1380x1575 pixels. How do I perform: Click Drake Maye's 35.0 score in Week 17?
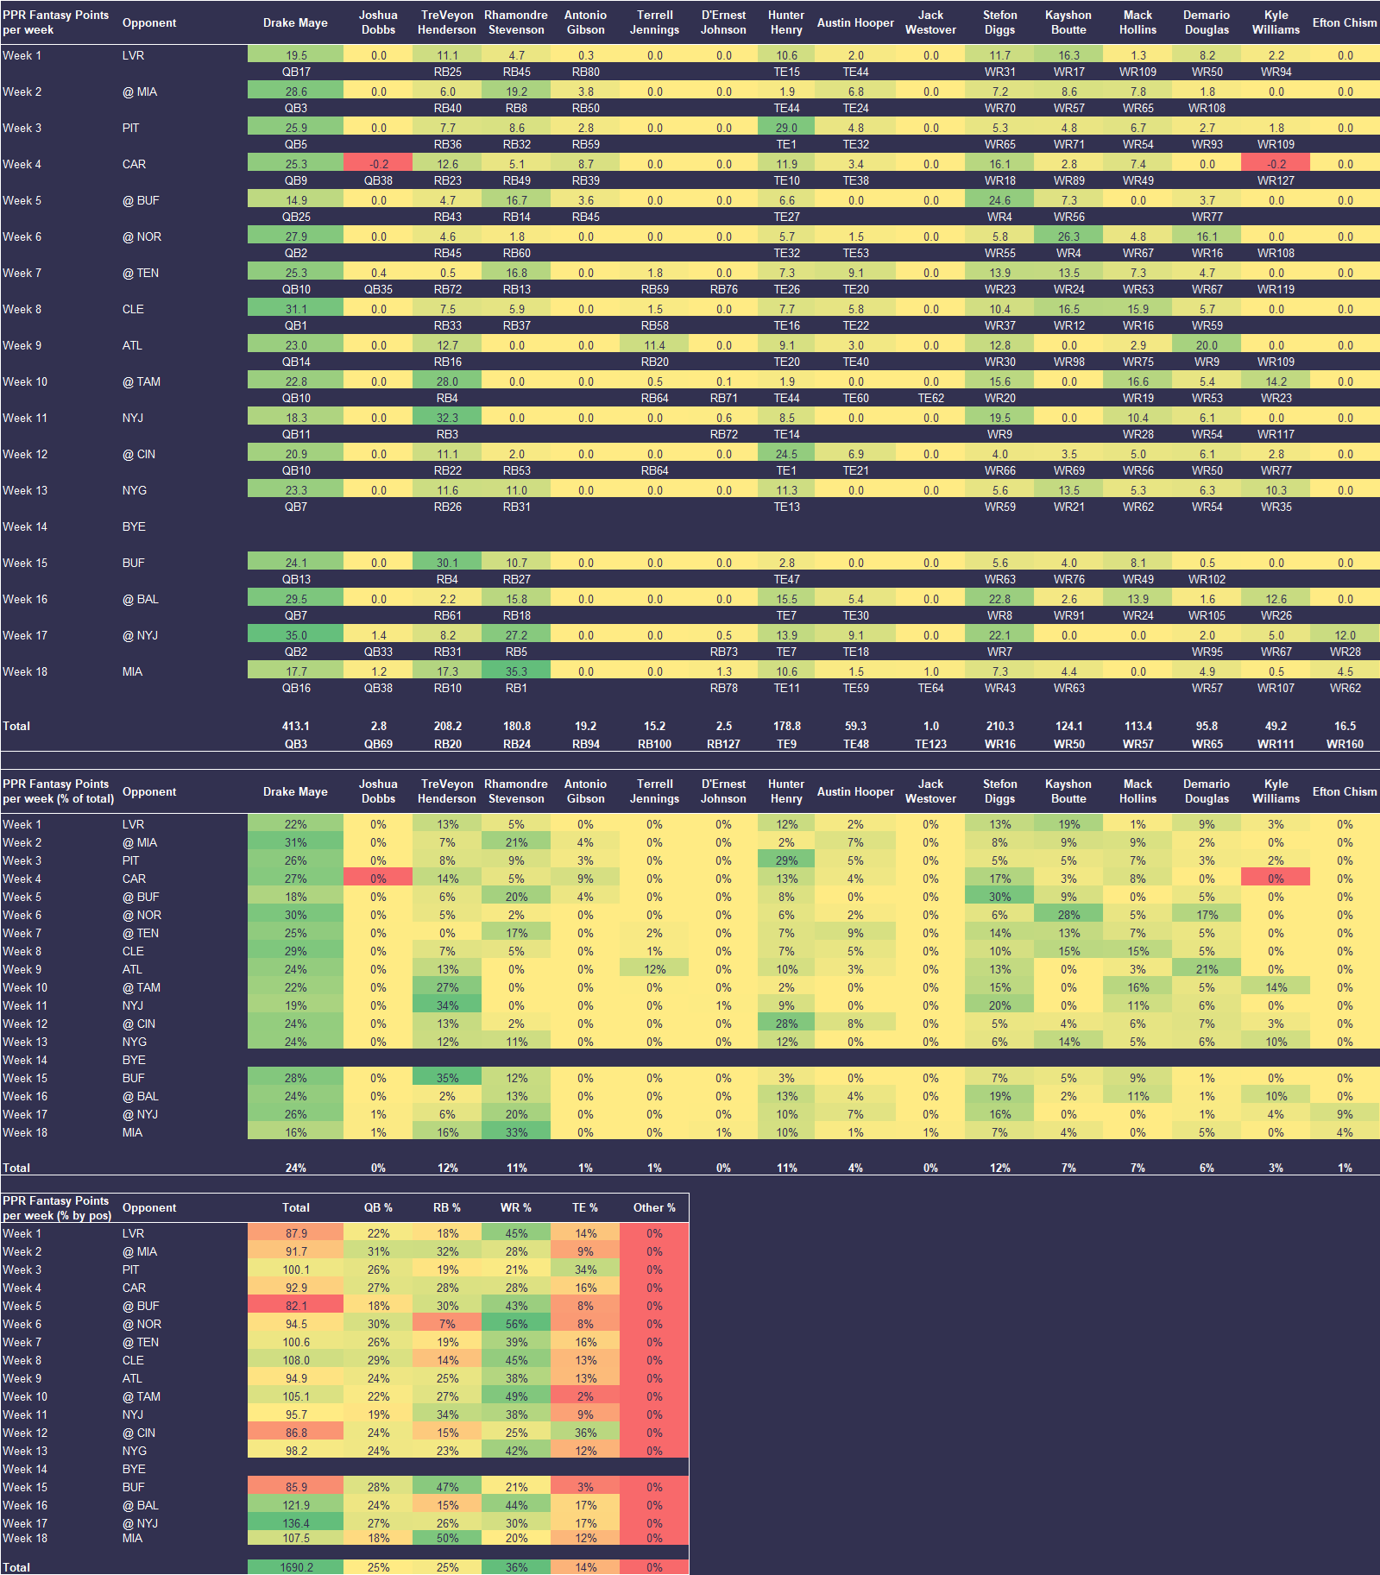(x=296, y=635)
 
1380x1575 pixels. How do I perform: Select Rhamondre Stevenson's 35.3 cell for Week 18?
(x=516, y=671)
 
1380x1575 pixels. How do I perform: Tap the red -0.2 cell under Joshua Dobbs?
(x=378, y=164)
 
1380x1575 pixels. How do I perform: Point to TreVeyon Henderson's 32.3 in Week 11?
(x=447, y=418)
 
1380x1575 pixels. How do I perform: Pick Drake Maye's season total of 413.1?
(x=296, y=726)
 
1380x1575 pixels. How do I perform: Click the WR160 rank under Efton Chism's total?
(x=1345, y=744)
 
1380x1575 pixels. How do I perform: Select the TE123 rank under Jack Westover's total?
(x=930, y=744)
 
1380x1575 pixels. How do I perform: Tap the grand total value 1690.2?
(x=296, y=1567)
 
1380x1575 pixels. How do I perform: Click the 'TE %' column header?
(x=585, y=1207)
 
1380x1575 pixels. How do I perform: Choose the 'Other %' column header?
(x=654, y=1207)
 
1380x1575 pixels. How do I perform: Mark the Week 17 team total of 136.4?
(x=296, y=1523)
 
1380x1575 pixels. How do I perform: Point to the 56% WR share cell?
(x=516, y=1324)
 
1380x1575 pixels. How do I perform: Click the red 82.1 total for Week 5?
(x=296, y=1306)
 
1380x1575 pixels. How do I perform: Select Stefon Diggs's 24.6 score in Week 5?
(x=999, y=200)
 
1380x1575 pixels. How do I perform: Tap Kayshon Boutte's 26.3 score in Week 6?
(x=1068, y=236)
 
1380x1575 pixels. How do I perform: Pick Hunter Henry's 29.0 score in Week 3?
(x=786, y=128)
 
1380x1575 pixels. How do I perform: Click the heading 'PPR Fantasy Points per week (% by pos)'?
(x=57, y=1208)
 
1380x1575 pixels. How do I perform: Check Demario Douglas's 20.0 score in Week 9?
(x=1207, y=345)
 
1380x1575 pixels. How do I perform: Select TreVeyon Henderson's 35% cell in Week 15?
(x=447, y=1078)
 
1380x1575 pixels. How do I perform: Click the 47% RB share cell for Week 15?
(x=447, y=1487)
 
